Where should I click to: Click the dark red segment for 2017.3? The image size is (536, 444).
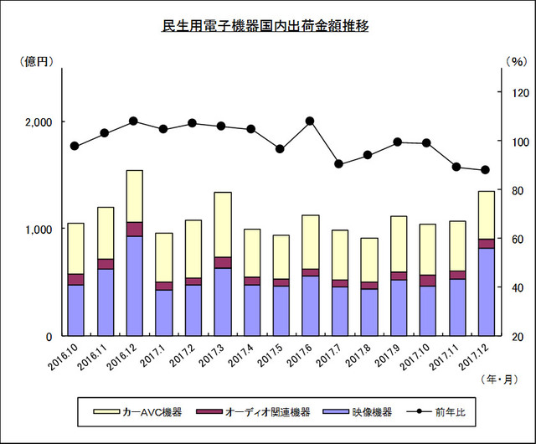pos(222,262)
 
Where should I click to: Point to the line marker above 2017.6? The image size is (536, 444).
pos(310,121)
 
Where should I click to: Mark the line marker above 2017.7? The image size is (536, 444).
pos(338,163)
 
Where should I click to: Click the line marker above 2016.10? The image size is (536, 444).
pos(75,146)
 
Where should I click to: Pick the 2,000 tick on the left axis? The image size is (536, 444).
pos(39,121)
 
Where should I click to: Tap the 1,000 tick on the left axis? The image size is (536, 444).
pos(39,229)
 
